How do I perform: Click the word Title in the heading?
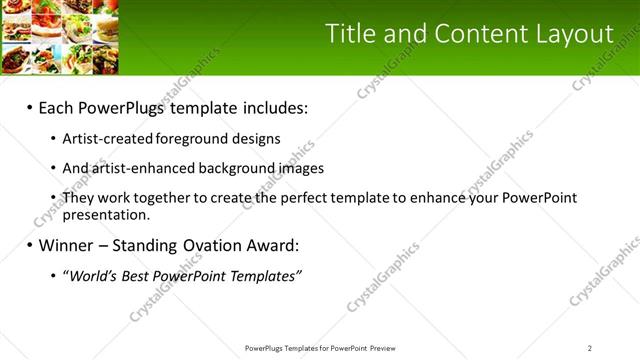click(x=350, y=34)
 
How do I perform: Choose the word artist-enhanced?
click(x=138, y=169)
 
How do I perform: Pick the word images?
click(x=301, y=169)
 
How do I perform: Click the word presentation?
click(x=105, y=214)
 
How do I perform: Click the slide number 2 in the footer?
click(x=590, y=348)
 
